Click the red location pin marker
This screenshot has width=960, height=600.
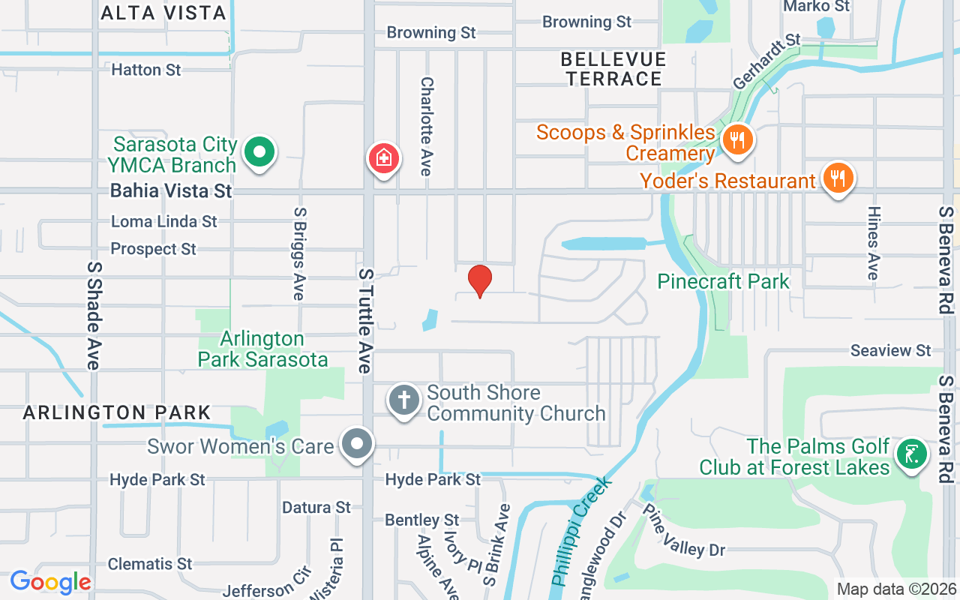tap(480, 280)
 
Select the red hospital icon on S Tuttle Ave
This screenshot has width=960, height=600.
tap(383, 158)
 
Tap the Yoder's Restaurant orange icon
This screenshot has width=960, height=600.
tap(837, 178)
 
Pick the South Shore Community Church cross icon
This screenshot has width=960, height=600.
tap(403, 400)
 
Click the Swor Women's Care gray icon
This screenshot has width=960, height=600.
tap(357, 443)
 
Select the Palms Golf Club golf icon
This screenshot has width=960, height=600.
tap(912, 454)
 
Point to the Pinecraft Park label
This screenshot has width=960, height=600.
tap(724, 281)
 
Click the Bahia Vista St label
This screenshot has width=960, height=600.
tap(171, 190)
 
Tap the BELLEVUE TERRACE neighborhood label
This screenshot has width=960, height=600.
tap(613, 68)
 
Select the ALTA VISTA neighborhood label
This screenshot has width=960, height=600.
tap(163, 13)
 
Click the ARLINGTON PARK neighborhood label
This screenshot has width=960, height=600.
tap(116, 412)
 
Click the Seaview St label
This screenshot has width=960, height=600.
tap(891, 350)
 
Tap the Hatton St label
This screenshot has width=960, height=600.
tap(146, 70)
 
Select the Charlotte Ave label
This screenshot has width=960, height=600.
tap(427, 126)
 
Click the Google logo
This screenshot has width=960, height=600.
tap(50, 582)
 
